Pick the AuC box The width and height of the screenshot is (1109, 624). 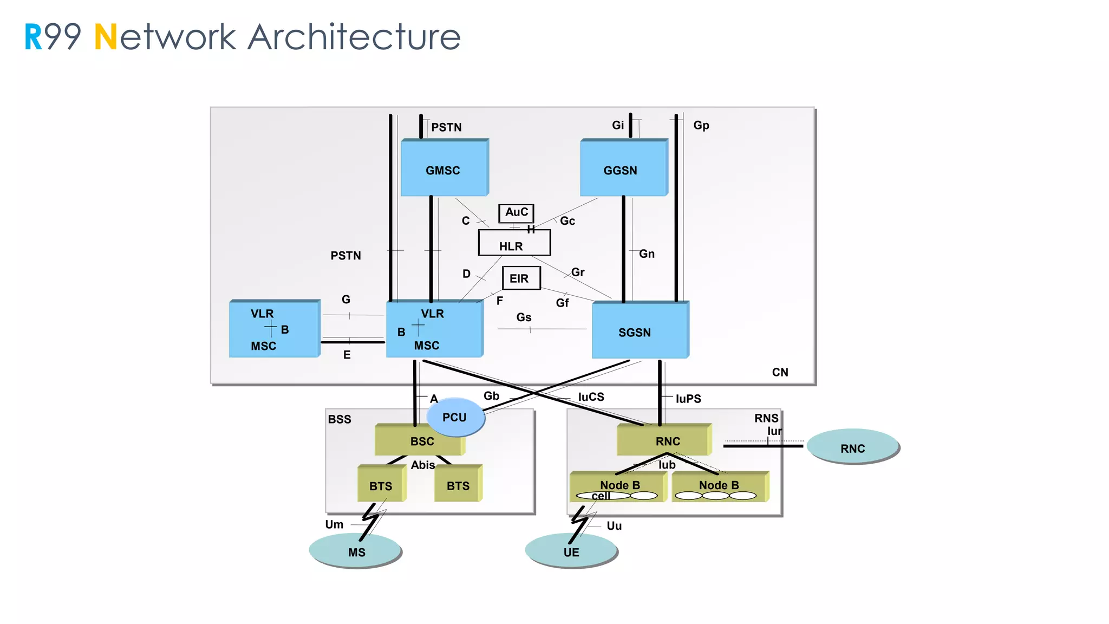click(x=516, y=212)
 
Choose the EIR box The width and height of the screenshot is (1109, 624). click(x=520, y=278)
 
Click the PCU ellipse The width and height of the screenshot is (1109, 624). click(x=455, y=418)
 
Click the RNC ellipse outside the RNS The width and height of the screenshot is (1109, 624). click(x=852, y=447)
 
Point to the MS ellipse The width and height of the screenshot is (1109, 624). click(x=356, y=551)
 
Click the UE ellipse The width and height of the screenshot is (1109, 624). click(x=571, y=551)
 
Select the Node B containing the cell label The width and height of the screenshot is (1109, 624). click(x=617, y=486)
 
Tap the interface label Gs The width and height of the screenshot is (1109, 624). click(x=524, y=317)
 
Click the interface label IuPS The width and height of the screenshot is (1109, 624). click(x=688, y=399)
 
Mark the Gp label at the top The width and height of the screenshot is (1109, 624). click(x=701, y=126)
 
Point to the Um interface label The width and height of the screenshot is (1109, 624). click(x=334, y=524)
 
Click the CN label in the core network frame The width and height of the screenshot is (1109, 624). click(x=780, y=372)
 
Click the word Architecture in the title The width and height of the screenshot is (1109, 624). click(x=354, y=37)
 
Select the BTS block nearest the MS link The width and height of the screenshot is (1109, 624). click(x=381, y=485)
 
